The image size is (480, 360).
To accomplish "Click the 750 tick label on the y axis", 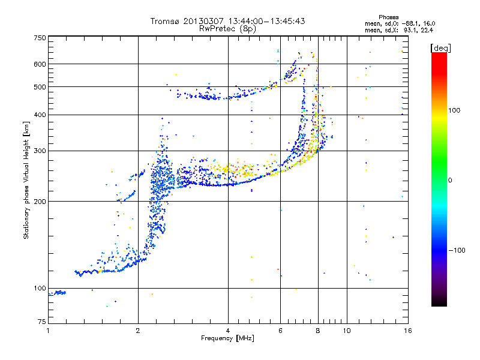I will pyautogui.click(x=40, y=38).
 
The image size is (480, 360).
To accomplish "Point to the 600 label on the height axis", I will pyautogui.click(x=40, y=64).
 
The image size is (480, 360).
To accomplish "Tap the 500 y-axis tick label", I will pyautogui.click(x=40, y=87).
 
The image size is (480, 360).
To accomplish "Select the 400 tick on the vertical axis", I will pyautogui.click(x=40, y=115).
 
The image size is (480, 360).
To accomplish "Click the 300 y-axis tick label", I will pyautogui.click(x=40, y=151).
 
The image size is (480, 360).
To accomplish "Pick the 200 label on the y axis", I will pyautogui.click(x=40, y=202).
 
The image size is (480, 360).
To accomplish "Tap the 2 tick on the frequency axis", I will pyautogui.click(x=138, y=331).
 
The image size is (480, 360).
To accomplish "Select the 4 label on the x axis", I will pyautogui.click(x=228, y=331).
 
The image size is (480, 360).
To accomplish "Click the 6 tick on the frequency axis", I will pyautogui.click(x=280, y=331).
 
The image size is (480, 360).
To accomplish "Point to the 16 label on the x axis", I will pyautogui.click(x=408, y=331).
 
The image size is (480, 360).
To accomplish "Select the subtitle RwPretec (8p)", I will pyautogui.click(x=227, y=28).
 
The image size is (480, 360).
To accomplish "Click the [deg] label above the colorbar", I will pyautogui.click(x=441, y=47).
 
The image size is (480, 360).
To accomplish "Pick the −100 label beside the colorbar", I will pyautogui.click(x=458, y=250).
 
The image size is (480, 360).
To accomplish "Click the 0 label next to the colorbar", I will pyautogui.click(x=450, y=180).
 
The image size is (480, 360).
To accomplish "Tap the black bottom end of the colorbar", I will pyautogui.click(x=439, y=303).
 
